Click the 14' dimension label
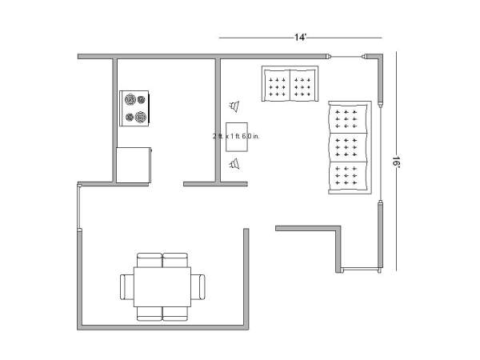coord(300,38)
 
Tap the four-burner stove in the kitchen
coord(134,108)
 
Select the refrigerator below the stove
coord(134,165)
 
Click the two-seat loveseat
coord(290,83)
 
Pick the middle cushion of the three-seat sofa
coord(348,147)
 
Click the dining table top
coord(162,287)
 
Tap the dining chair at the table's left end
coord(127,287)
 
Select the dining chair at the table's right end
coord(198,287)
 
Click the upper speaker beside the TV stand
coord(234,106)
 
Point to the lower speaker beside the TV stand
coord(234,164)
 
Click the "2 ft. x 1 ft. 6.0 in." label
coord(236,136)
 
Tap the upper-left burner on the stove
coord(130,99)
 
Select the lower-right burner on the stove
coord(141,117)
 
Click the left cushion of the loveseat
coord(277,85)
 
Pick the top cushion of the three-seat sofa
coord(348,119)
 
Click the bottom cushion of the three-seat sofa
coord(348,176)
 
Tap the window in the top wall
coord(347,57)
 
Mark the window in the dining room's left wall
coord(79,206)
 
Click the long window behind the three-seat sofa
coord(380,153)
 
